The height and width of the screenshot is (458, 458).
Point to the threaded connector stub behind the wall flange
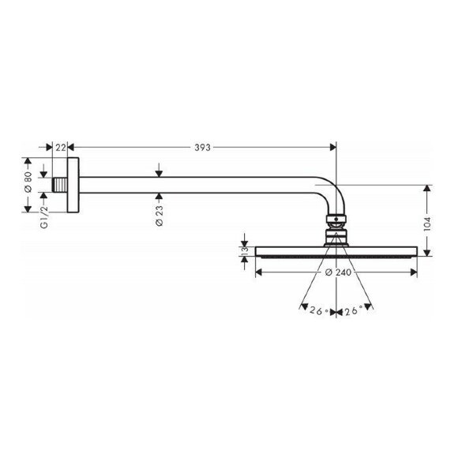(61, 184)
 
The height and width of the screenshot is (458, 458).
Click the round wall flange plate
(73, 184)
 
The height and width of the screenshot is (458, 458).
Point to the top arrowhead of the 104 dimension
(428, 189)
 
